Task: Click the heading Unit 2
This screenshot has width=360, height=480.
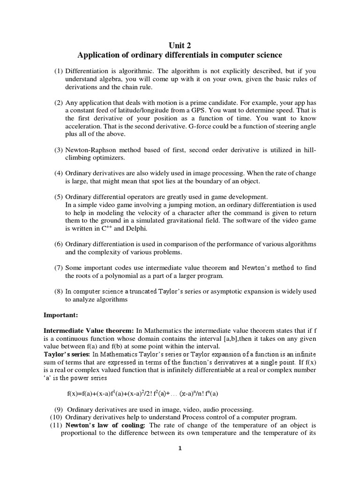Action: [180, 45]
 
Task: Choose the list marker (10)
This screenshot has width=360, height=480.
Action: [56, 417]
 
